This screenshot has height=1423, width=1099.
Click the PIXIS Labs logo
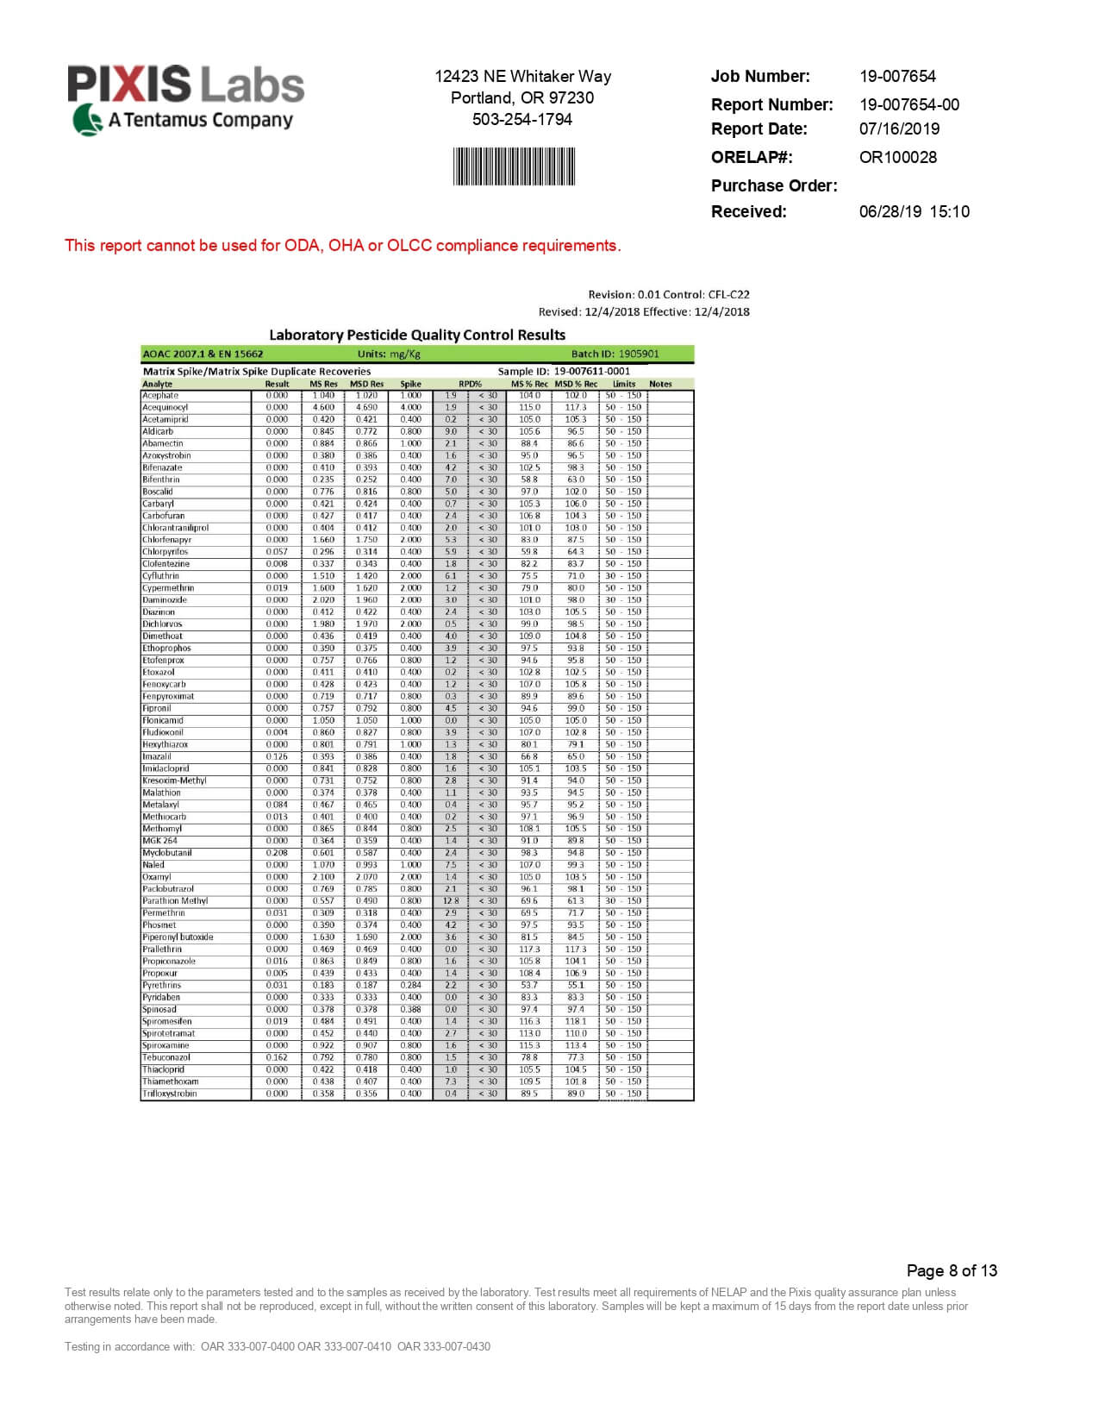coord(185,99)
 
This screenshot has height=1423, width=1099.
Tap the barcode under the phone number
coord(514,166)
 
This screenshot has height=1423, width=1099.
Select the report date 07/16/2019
coord(899,129)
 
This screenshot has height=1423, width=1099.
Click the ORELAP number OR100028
coord(897,157)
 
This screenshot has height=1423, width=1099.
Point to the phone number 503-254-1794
coord(521,120)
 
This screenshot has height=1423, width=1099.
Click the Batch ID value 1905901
coord(638,354)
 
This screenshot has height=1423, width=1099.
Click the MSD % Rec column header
coord(576,384)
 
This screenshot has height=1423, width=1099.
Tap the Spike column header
coord(410,384)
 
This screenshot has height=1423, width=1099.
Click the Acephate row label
coord(160,396)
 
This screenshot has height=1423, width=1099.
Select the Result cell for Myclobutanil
coord(277,853)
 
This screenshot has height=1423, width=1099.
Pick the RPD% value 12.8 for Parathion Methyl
coord(451,901)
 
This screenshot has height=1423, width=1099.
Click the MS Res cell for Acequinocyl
coord(323,408)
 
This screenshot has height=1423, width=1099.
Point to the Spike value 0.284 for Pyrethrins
coord(410,985)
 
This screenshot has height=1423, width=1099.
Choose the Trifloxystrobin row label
coord(169,1094)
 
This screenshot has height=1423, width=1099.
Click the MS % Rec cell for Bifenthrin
coord(529,480)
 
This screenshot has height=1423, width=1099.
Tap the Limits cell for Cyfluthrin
coord(622,576)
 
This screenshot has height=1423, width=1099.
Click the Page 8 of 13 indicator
coord(952,1270)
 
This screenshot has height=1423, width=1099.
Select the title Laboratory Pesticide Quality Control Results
coord(417,335)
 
